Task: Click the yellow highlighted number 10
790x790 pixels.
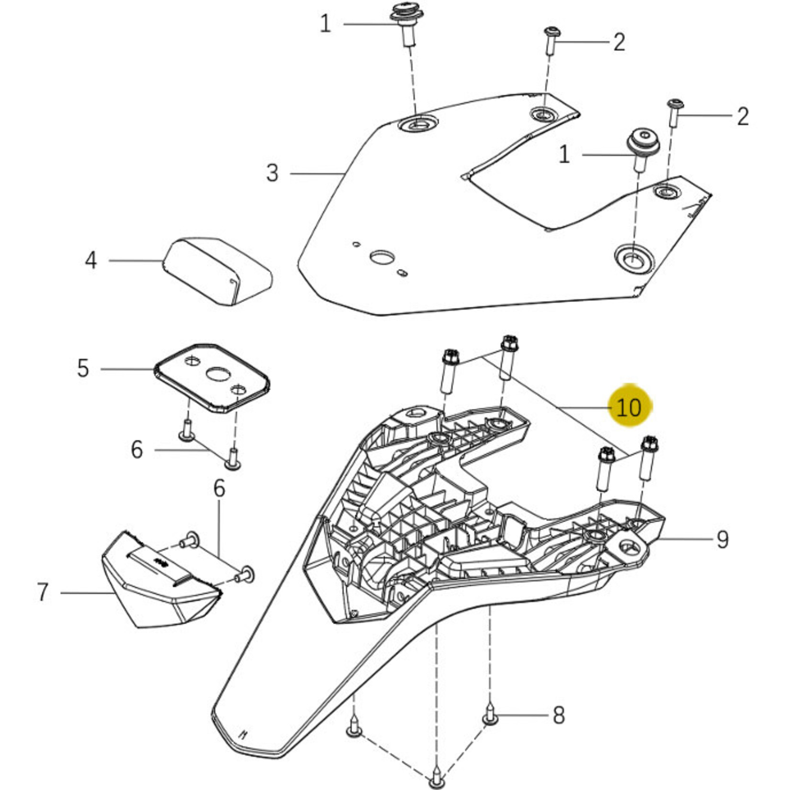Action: (x=628, y=407)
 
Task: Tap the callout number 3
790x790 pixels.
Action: (x=272, y=173)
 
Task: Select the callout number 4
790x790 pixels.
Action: (x=91, y=261)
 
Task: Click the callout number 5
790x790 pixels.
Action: (x=83, y=369)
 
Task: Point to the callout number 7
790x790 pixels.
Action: (x=43, y=592)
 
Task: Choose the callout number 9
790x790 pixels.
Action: (x=722, y=539)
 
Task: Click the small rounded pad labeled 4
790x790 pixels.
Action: (x=218, y=270)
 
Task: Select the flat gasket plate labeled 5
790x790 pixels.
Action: (x=212, y=378)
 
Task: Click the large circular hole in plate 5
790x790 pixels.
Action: (x=219, y=374)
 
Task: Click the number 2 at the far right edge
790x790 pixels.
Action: (x=742, y=116)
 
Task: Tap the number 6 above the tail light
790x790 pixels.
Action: (x=219, y=488)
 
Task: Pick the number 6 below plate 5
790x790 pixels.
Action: (x=137, y=450)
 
